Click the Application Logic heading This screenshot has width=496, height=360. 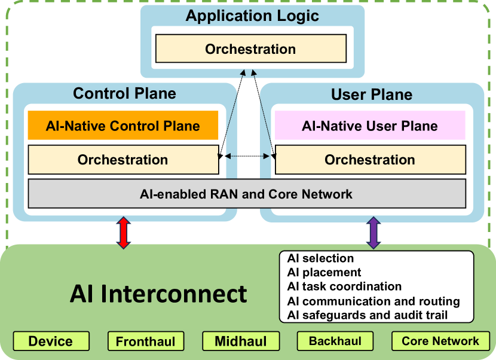[x=252, y=16]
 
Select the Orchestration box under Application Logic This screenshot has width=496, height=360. [x=251, y=49]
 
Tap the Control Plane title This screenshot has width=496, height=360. [x=124, y=93]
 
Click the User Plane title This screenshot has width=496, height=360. [x=372, y=94]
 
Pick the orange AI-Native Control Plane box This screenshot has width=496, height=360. [x=123, y=126]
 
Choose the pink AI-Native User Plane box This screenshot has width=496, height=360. [x=370, y=126]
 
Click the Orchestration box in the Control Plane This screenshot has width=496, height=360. [x=123, y=160]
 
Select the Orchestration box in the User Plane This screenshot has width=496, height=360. [x=370, y=160]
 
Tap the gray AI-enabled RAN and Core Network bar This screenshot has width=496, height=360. [x=247, y=194]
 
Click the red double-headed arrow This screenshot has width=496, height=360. [x=123, y=233]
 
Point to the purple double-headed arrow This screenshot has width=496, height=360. [x=373, y=233]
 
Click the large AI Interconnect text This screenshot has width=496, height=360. [x=158, y=294]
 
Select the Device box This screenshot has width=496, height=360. [x=51, y=341]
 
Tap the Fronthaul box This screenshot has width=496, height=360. [x=146, y=341]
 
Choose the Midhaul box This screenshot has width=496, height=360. [x=241, y=341]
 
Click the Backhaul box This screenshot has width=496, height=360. [x=335, y=341]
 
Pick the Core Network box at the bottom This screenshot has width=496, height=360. [x=440, y=341]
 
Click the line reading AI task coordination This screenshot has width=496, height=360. [x=344, y=286]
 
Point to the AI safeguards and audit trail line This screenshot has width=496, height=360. [x=367, y=315]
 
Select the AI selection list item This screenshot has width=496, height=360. [x=320, y=258]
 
